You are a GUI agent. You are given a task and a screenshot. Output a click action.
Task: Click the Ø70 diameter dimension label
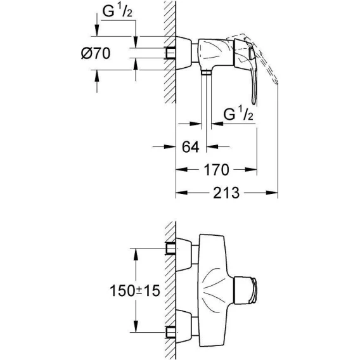tap(96, 53)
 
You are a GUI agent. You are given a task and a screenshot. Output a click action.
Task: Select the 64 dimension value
tap(190, 147)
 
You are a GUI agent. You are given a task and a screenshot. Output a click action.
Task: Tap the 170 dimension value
tap(216, 170)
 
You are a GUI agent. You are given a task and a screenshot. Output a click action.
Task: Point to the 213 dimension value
tap(226, 193)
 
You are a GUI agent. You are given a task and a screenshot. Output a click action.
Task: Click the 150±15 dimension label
tap(135, 290)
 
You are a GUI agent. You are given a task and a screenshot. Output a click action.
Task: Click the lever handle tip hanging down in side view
tap(254, 102)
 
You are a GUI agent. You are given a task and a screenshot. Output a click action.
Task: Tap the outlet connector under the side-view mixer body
tap(206, 72)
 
